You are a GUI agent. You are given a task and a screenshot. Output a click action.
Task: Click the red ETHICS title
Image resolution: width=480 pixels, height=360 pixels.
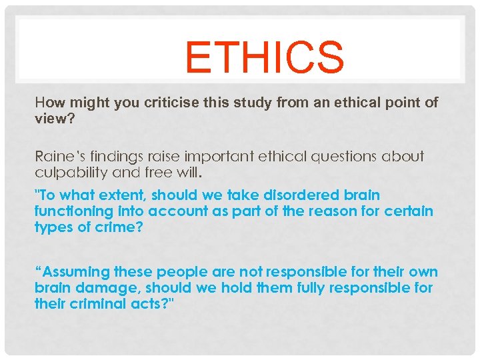tap(264, 58)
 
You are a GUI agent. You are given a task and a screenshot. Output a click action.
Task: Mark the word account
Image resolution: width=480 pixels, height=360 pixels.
tap(183, 211)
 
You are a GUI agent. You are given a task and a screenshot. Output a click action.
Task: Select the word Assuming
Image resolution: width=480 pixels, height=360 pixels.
tap(73, 272)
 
